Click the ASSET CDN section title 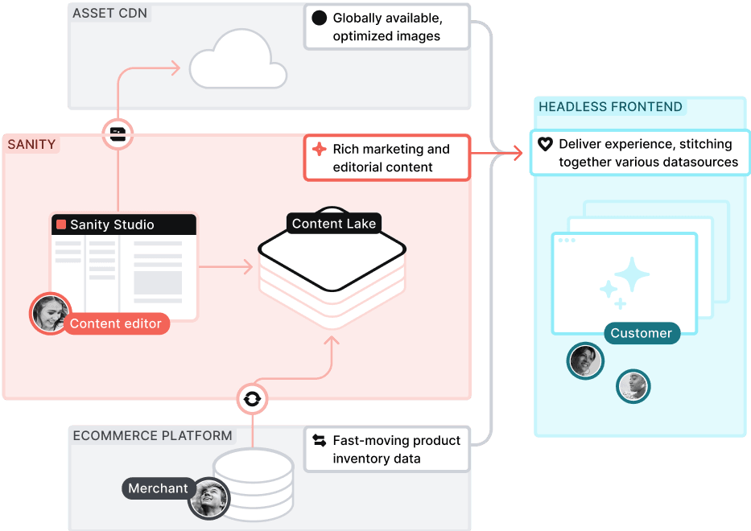pos(110,14)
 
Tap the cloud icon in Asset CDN pos(237,61)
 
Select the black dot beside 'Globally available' pos(319,18)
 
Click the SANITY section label pos(31,145)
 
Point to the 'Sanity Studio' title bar pos(124,224)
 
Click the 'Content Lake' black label pos(333,224)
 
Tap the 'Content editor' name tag pos(116,324)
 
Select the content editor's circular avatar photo pos(50,313)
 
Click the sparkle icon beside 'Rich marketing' pos(319,149)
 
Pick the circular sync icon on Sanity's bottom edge pos(252,398)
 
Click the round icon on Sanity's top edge pos(118,134)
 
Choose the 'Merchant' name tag pos(158,488)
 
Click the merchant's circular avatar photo pos(209,498)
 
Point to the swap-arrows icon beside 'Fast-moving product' pos(319,441)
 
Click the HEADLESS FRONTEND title pos(610,107)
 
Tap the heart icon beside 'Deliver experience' pos(545,144)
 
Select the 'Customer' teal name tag pos(641,333)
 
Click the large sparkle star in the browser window pos(633,274)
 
